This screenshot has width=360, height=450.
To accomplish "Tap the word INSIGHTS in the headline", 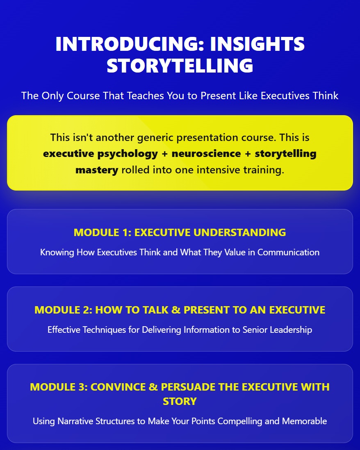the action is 257,44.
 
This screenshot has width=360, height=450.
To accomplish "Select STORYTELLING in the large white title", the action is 180,66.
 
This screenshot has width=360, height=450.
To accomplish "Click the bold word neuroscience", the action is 206,154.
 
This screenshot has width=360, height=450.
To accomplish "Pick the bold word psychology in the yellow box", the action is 128,154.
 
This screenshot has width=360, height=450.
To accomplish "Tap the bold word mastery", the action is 97,170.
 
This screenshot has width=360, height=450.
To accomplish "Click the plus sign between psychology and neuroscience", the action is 165,154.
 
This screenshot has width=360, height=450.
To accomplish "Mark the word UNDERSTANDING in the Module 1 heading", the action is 240,232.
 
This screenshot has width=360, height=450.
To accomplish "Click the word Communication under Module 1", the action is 288,252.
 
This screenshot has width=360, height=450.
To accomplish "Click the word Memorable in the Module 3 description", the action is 304,421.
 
